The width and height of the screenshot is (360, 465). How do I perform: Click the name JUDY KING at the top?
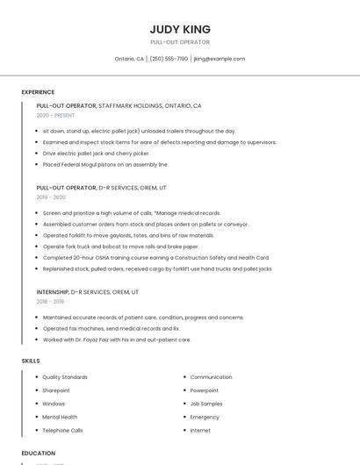180,29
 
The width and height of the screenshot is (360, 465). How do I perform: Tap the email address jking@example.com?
219,59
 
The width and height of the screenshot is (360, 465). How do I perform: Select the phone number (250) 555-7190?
169,59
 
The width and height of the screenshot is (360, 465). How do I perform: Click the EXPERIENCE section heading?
38,92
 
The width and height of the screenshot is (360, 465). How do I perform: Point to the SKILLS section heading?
31,361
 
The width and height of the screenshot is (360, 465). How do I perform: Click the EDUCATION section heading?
39,453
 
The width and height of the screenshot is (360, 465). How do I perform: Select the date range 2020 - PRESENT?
56,115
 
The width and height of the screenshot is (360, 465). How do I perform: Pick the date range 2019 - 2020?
51,197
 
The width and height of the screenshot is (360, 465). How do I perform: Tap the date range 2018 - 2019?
50,301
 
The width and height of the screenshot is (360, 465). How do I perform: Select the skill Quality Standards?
65,377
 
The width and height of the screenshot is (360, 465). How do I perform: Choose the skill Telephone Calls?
62,430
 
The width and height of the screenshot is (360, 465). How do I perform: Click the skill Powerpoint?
204,390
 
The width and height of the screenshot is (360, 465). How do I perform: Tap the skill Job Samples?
206,404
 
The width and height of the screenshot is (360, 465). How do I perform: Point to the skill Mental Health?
60,417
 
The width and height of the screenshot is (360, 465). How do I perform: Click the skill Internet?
200,430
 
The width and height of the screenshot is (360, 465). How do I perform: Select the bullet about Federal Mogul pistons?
105,164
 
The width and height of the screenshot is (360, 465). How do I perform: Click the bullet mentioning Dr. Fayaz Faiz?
116,340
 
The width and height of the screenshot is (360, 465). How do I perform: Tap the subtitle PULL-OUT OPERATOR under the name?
180,42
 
